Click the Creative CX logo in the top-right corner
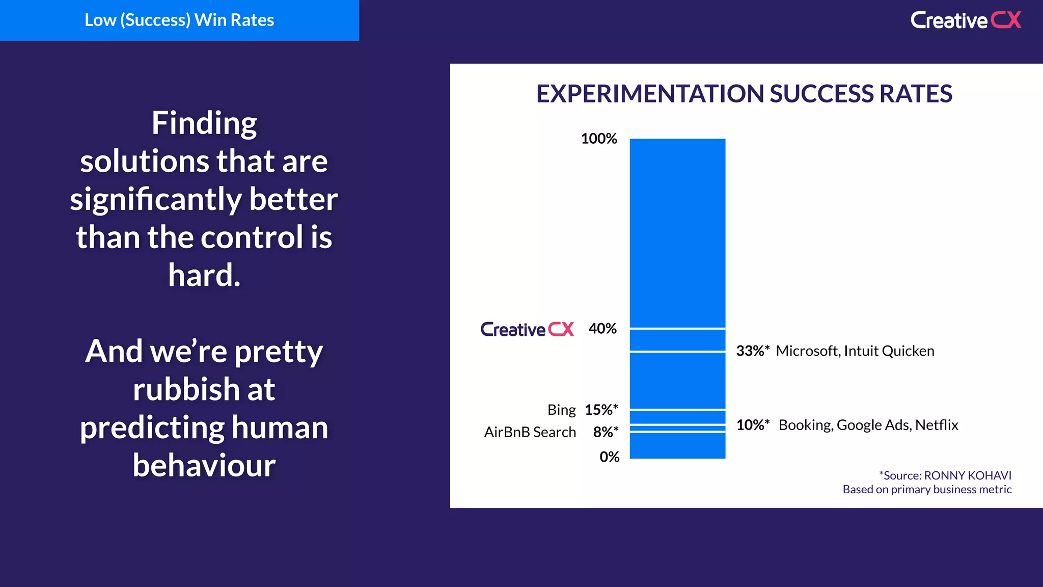pyautogui.click(x=966, y=20)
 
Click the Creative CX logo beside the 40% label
pyautogui.click(x=527, y=329)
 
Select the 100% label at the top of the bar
pyautogui.click(x=599, y=139)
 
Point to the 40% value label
pyautogui.click(x=602, y=329)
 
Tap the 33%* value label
pyautogui.click(x=752, y=351)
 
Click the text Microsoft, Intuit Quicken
pyautogui.click(x=855, y=351)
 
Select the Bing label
pyautogui.click(x=561, y=410)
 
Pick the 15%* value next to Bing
pyautogui.click(x=601, y=410)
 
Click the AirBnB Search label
pyautogui.click(x=530, y=432)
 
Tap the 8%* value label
pyautogui.click(x=606, y=432)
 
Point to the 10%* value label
pyautogui.click(x=752, y=425)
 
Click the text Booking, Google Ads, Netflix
pyautogui.click(x=868, y=425)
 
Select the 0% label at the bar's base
pyautogui.click(x=609, y=457)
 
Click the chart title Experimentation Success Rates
pyautogui.click(x=744, y=94)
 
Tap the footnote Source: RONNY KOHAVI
pyautogui.click(x=945, y=475)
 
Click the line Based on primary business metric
pyautogui.click(x=927, y=490)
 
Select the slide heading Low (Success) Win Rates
pyautogui.click(x=179, y=20)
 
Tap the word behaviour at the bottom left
pyautogui.click(x=204, y=465)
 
